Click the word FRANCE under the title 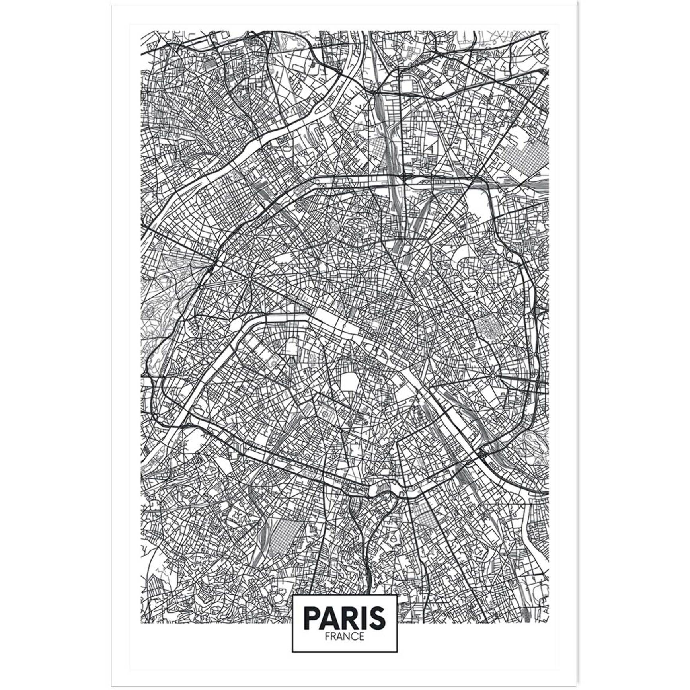click(x=344, y=636)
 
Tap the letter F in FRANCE click(x=327, y=636)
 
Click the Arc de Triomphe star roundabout click(x=249, y=277)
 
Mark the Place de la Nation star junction click(x=493, y=376)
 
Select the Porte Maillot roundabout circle click(x=219, y=264)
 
